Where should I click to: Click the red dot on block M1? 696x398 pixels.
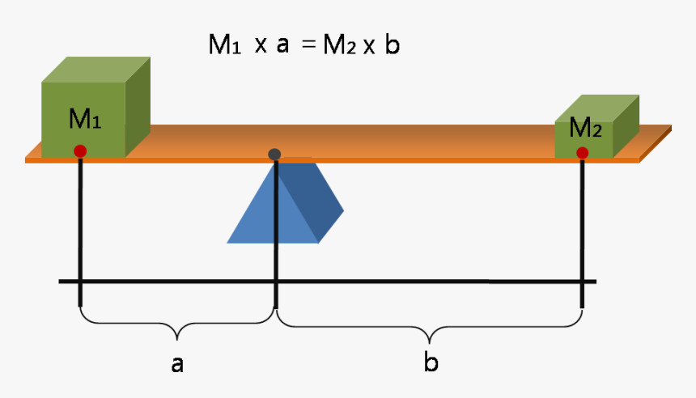click(80, 150)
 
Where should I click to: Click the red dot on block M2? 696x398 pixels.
click(582, 153)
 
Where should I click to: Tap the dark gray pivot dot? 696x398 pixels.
click(275, 155)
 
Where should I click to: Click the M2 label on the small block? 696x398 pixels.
click(585, 128)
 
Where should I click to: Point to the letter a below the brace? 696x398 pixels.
click(177, 364)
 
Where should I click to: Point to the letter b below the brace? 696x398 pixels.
click(431, 362)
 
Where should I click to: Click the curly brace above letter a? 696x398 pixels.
click(177, 330)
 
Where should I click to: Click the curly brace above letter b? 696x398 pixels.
click(430, 331)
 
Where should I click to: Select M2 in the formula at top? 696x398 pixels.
click(340, 46)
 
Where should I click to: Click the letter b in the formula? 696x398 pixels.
click(392, 45)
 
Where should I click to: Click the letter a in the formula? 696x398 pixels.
click(282, 46)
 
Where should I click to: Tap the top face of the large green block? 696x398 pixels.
click(96, 69)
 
